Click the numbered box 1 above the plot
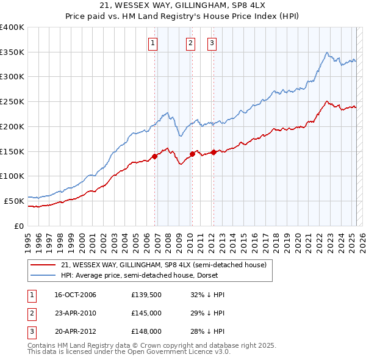(x=152, y=43)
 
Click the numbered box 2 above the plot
(x=190, y=43)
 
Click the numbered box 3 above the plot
(x=212, y=43)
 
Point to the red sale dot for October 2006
(x=154, y=156)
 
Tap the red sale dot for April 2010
(x=192, y=154)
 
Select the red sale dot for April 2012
(x=213, y=152)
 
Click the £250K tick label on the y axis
(x=12, y=102)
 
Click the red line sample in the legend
(x=43, y=265)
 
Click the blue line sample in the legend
(x=43, y=276)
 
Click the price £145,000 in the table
(x=146, y=312)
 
